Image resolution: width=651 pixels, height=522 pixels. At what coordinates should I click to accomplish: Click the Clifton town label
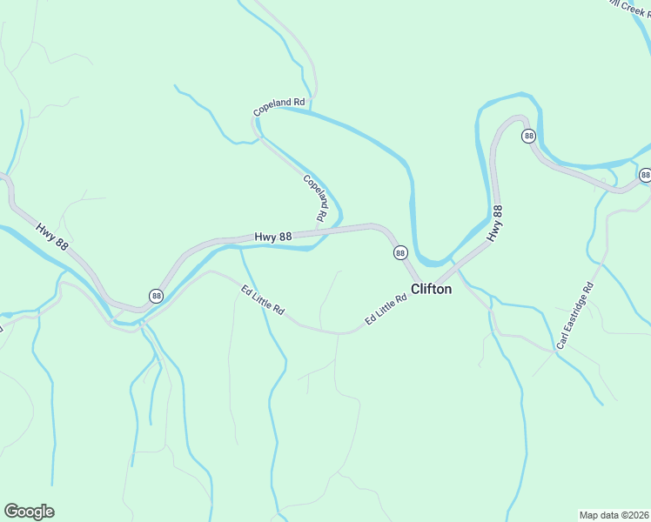pos(431,289)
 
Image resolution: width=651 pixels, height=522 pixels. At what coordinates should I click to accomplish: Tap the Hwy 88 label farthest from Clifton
pos(52,238)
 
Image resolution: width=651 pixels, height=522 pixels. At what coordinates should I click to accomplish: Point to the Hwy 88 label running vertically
pos(496,223)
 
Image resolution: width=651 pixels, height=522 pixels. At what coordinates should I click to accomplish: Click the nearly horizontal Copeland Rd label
pos(279,107)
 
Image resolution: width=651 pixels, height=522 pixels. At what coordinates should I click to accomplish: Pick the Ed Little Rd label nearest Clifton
pos(386,310)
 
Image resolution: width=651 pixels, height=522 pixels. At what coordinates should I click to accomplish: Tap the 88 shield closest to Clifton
pos(399,252)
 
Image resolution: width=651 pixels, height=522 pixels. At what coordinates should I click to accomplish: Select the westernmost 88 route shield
pos(155,296)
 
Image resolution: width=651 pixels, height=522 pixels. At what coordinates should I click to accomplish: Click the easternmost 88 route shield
pos(645,175)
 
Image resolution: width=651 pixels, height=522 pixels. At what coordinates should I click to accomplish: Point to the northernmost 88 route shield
pos(528,136)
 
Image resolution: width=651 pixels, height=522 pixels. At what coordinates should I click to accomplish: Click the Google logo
pos(29,512)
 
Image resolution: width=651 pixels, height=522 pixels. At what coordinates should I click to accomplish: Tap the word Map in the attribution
pos(590,514)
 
